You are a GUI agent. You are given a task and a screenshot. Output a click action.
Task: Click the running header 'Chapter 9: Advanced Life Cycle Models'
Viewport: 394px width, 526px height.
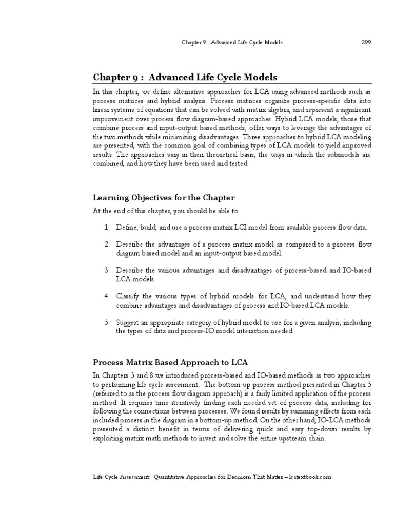pyautogui.click(x=232, y=42)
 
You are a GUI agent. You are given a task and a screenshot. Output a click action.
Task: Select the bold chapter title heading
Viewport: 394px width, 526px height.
pyautogui.click(x=185, y=77)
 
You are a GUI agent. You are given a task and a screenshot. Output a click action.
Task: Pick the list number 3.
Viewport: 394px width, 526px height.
pyautogui.click(x=106, y=270)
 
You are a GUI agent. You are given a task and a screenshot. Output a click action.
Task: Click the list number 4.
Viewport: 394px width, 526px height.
pyautogui.click(x=106, y=296)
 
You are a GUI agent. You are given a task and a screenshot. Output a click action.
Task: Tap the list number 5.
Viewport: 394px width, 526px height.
pyautogui.click(x=106, y=322)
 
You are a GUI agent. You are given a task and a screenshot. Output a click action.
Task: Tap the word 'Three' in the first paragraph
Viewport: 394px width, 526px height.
pyautogui.click(x=251, y=138)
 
